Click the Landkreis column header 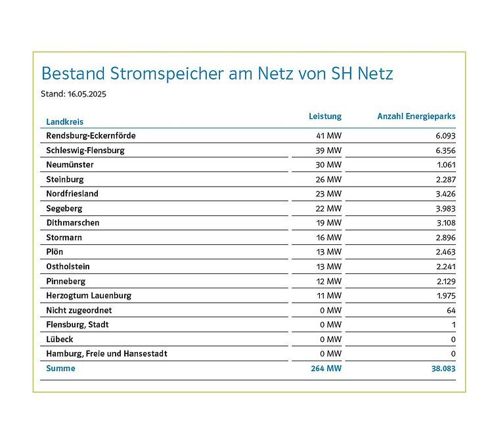pos(64,122)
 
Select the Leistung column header pos(325,116)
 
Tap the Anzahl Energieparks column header pos(416,116)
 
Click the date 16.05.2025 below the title pos(87,94)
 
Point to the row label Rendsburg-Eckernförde pos(91,136)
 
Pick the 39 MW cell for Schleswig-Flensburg pos(328,150)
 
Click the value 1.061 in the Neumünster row pos(445,165)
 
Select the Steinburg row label pos(65,179)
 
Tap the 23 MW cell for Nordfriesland pos(328,194)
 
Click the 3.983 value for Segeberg pos(444,208)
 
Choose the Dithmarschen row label pos(73,223)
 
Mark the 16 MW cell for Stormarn pos(328,237)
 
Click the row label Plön pos(55,252)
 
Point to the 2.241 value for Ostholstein pos(444,267)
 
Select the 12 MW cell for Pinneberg pos(328,281)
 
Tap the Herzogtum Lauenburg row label pos(89,296)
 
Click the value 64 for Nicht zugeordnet pos(450,310)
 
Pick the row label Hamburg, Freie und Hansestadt pos(106,353)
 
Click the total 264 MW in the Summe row pos(326,368)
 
